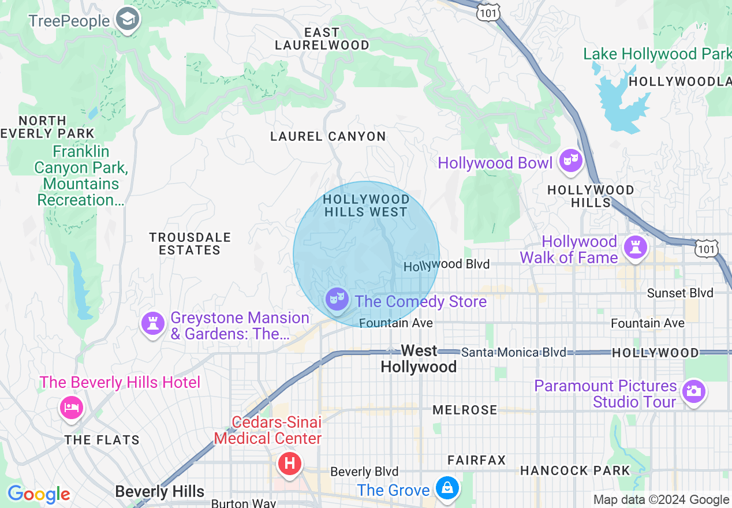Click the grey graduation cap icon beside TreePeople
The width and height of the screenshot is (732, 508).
click(x=125, y=20)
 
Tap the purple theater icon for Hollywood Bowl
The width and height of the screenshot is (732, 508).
click(x=570, y=162)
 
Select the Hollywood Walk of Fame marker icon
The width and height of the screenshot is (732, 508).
click(x=635, y=248)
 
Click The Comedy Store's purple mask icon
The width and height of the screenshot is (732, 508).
click(x=337, y=300)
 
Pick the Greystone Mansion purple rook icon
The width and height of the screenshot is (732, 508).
click(x=153, y=324)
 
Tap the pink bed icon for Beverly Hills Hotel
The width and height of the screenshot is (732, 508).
click(x=71, y=407)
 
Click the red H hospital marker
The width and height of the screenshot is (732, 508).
click(x=289, y=464)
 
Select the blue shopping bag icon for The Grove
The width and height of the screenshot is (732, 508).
click(x=447, y=488)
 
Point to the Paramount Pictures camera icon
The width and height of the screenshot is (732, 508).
click(x=693, y=391)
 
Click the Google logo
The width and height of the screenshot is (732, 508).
click(x=39, y=494)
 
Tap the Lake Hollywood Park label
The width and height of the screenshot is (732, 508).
click(x=657, y=54)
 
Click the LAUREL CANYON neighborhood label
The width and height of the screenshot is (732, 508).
click(x=328, y=137)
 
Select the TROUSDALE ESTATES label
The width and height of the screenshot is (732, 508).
click(x=189, y=244)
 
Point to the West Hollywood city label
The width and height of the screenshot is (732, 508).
click(x=419, y=358)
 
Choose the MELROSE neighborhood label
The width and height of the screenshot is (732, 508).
click(x=465, y=410)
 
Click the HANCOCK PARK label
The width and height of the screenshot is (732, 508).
click(x=575, y=470)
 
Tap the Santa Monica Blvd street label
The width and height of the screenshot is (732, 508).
click(x=513, y=352)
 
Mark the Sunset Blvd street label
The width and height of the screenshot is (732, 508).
click(x=679, y=293)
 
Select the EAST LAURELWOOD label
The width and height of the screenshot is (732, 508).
click(x=322, y=39)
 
